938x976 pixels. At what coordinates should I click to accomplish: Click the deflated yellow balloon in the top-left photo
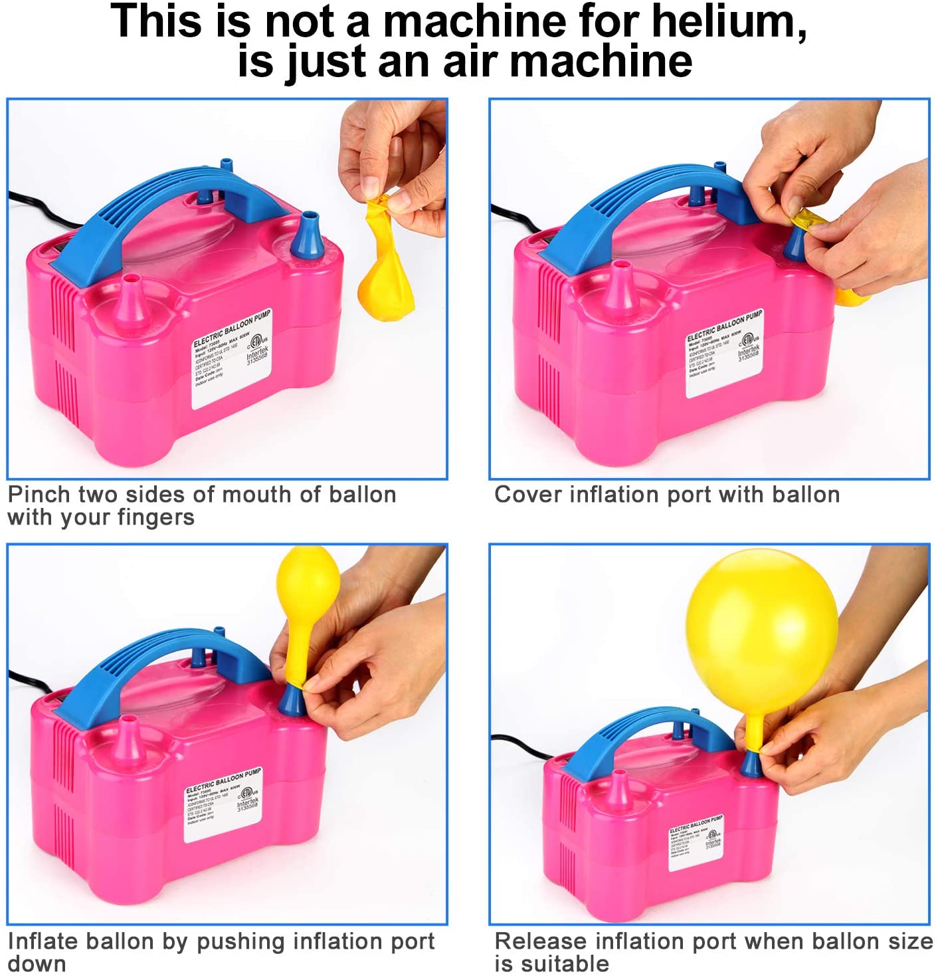[x=385, y=266]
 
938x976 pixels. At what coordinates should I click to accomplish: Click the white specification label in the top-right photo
[x=724, y=352]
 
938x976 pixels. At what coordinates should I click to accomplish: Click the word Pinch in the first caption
[x=39, y=495]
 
